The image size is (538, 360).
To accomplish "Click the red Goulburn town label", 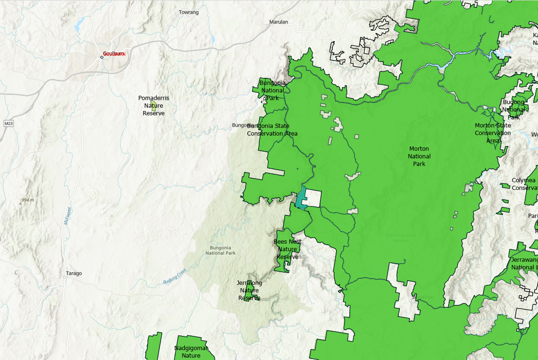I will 114,54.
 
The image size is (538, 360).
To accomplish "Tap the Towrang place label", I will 189,12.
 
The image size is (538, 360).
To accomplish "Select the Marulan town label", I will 278,22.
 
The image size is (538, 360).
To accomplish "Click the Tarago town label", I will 73,273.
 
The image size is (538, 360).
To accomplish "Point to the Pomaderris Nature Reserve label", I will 154,105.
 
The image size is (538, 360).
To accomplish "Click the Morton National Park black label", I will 419,156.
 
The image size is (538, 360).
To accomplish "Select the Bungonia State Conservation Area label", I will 272,130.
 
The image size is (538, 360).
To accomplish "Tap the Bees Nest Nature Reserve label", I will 287,249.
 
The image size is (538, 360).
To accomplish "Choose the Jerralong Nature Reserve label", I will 249,290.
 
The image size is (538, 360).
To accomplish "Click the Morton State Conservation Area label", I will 493,133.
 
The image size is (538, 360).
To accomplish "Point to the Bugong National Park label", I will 513,109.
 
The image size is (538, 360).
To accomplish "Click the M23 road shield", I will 8,123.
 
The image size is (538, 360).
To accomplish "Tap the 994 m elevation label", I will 28,200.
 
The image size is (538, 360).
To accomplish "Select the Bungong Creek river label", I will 175,276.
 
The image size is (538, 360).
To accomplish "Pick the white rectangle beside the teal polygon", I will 312,198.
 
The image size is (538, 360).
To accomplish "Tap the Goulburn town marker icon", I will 101,58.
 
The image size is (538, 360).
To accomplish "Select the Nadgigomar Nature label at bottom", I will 191,352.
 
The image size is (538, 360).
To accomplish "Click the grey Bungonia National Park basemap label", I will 220,250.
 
